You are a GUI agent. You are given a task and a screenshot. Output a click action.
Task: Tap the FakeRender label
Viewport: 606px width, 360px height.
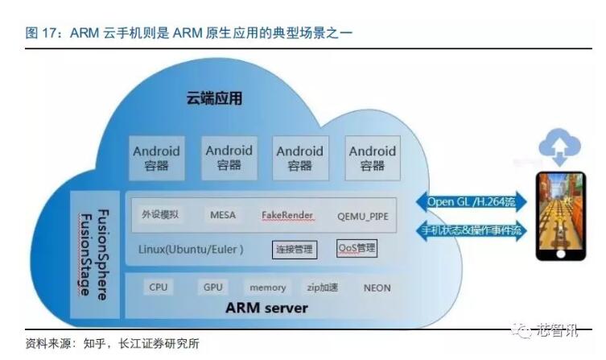tap(287, 215)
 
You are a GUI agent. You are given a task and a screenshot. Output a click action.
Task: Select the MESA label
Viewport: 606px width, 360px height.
tap(223, 215)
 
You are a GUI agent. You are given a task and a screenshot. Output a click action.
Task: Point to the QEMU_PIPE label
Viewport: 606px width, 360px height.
tap(362, 216)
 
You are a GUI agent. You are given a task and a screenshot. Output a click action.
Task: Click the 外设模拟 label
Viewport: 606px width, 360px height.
tap(160, 215)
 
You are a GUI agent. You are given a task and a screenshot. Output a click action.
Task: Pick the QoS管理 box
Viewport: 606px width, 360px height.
tap(357, 248)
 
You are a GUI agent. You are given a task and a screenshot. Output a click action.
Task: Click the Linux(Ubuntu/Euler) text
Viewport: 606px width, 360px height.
tap(191, 249)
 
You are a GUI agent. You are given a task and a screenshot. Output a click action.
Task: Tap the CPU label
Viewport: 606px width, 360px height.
tap(158, 287)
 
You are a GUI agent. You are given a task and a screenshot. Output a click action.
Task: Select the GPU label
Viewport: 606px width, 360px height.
tap(212, 287)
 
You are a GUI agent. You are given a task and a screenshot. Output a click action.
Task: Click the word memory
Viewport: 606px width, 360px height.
tap(267, 288)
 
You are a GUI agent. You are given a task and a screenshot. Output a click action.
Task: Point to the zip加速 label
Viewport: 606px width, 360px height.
tap(322, 288)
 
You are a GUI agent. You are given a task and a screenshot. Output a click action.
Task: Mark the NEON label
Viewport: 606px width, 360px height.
tap(377, 288)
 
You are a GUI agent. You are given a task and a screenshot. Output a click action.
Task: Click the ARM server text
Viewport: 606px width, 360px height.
tap(266, 308)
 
